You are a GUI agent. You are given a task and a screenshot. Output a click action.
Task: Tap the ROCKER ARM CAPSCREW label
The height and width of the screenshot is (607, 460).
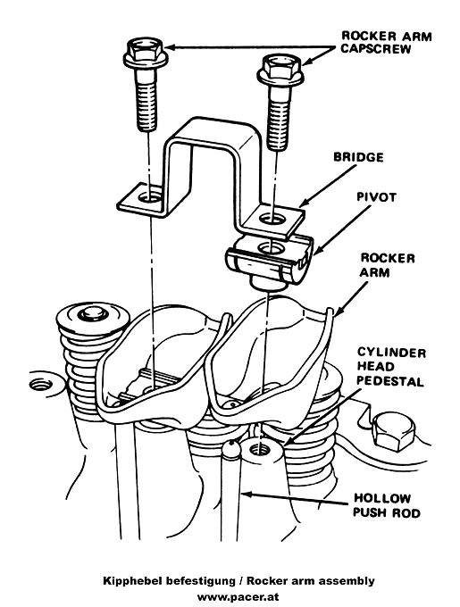[x=386, y=42]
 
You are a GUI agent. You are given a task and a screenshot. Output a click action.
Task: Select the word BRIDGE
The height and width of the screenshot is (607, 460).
[x=358, y=157]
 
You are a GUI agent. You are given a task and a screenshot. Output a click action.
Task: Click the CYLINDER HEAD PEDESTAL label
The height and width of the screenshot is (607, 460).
[x=391, y=367]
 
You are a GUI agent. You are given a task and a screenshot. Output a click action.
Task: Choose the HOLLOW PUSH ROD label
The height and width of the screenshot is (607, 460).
[x=387, y=505]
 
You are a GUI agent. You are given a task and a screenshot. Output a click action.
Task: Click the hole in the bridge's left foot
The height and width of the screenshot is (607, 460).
[x=149, y=199]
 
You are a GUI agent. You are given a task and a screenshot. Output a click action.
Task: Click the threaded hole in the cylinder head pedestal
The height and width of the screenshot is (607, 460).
[x=258, y=450]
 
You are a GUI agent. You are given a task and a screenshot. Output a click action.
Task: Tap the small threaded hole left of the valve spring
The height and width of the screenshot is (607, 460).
[x=41, y=385]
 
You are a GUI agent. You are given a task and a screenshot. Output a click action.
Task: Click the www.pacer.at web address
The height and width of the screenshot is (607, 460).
[x=238, y=596]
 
